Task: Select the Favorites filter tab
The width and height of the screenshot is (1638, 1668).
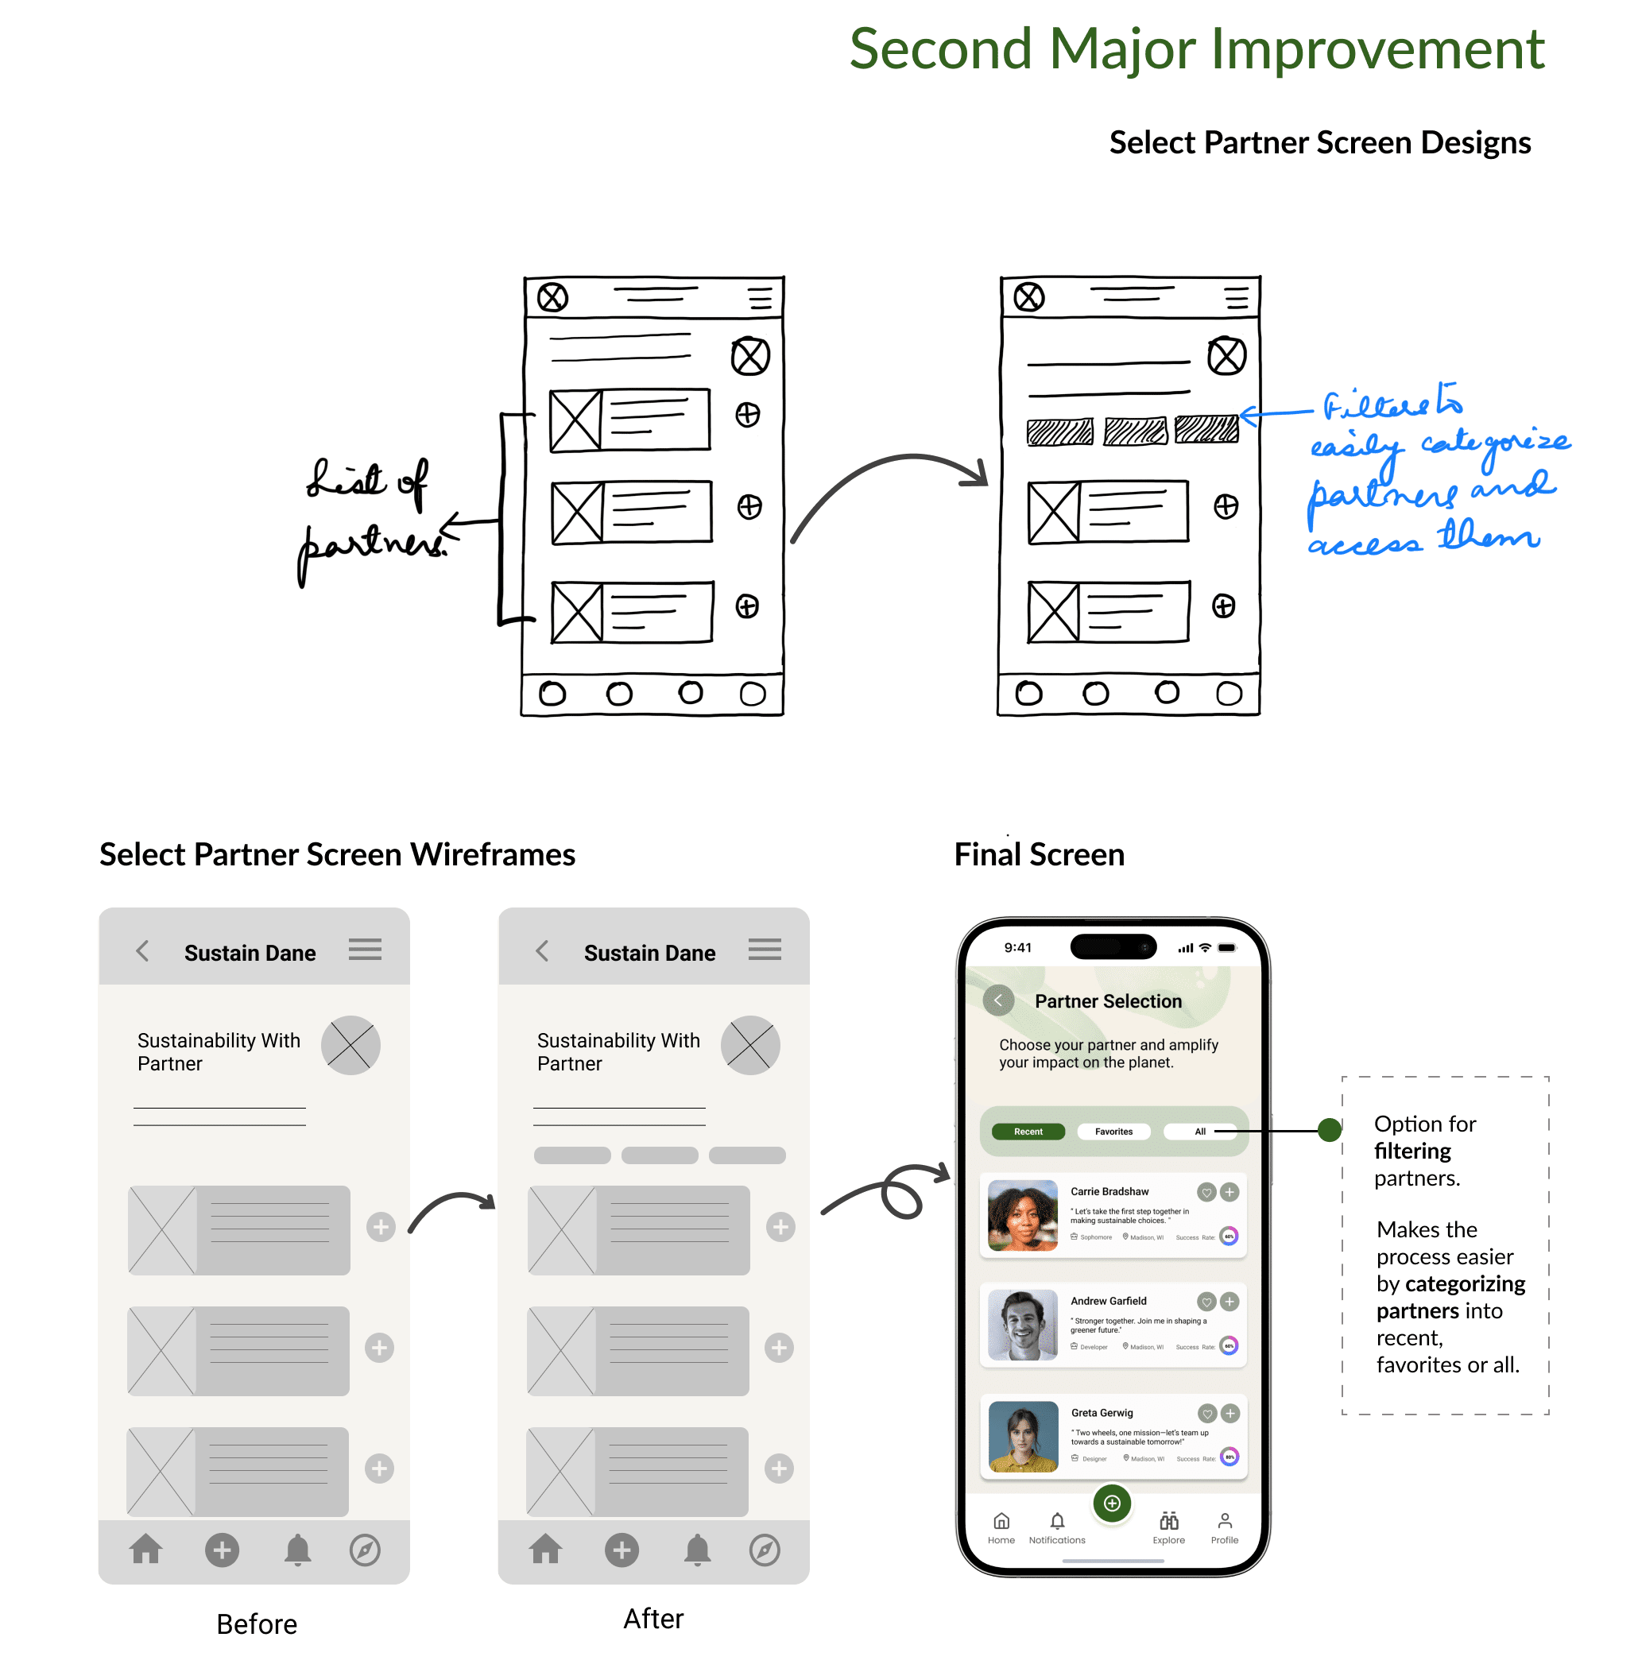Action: (1113, 1132)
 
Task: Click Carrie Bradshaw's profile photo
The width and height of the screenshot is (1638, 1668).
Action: (1022, 1215)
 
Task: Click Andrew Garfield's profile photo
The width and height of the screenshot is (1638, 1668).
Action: (1022, 1324)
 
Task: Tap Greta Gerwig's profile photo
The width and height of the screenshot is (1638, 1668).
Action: (1023, 1436)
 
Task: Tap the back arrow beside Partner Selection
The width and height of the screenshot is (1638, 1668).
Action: (998, 1000)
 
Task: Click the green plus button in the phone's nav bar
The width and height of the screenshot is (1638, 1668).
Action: (1112, 1503)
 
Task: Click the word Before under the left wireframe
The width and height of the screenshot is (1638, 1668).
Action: (257, 1624)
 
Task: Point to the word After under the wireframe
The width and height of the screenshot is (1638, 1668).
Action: (653, 1618)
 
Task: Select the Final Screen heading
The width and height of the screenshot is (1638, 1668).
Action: (1040, 854)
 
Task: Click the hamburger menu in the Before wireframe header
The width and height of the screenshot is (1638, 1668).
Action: (365, 950)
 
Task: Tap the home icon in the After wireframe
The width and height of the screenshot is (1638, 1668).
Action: (545, 1550)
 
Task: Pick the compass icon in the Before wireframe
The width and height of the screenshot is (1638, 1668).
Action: (365, 1550)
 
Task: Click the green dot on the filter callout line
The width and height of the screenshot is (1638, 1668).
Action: (1329, 1130)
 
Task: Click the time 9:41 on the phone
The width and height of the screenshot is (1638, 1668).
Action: (1018, 947)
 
